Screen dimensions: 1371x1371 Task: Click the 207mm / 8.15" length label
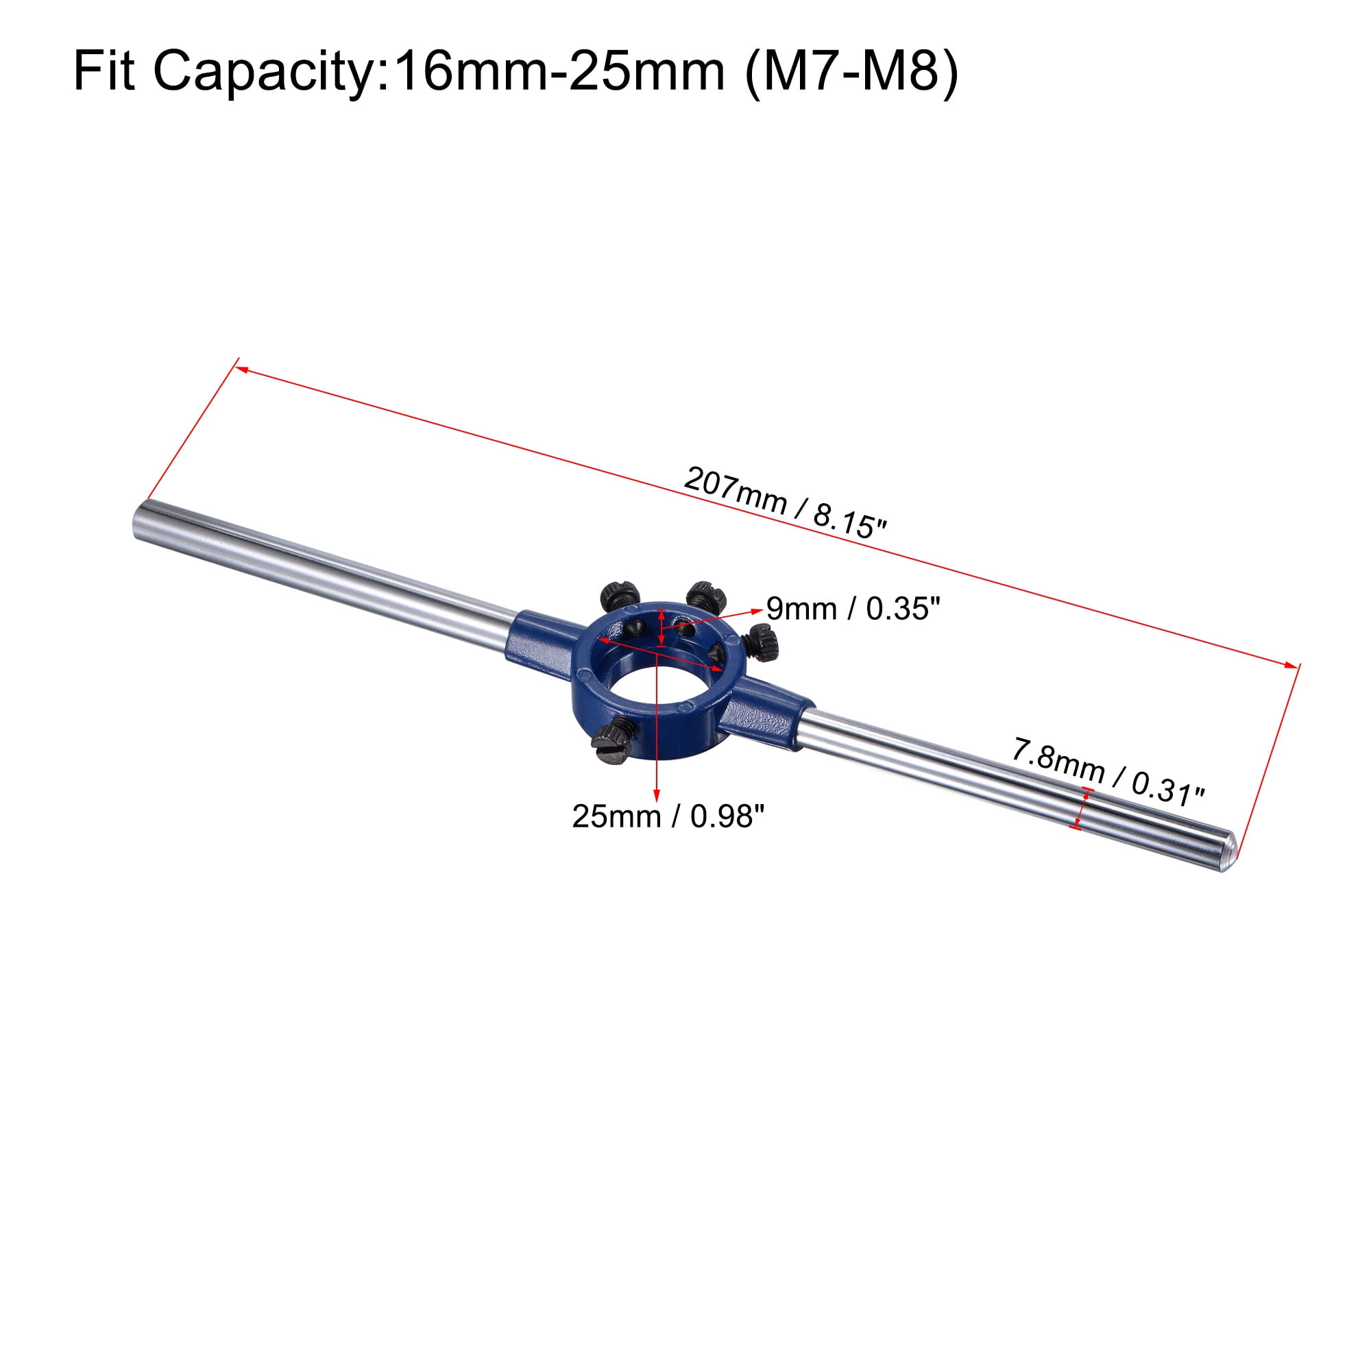click(785, 503)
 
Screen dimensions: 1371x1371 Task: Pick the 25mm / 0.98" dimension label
click(668, 817)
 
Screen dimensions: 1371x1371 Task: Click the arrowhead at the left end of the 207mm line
click(241, 368)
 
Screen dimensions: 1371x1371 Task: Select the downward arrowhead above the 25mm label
click(657, 794)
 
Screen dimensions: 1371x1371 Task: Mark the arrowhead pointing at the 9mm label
click(757, 610)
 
